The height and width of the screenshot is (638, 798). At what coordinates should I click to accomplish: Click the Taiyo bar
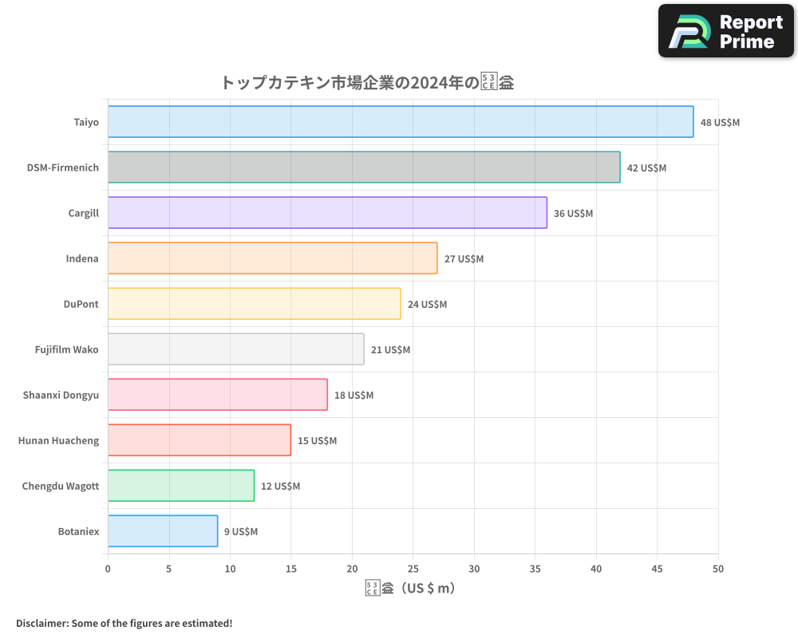pyautogui.click(x=401, y=122)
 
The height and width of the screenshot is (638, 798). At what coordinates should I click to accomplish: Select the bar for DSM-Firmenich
pyautogui.click(x=364, y=167)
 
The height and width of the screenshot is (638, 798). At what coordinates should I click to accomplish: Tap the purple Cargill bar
pyautogui.click(x=327, y=213)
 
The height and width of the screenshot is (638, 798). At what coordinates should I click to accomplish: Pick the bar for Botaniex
pyautogui.click(x=163, y=531)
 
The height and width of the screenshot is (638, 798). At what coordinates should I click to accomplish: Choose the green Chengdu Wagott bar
pyautogui.click(x=181, y=486)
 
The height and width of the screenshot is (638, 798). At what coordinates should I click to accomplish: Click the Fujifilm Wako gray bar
pyautogui.click(x=236, y=349)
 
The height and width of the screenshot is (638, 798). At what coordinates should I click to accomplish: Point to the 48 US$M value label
pyautogui.click(x=720, y=123)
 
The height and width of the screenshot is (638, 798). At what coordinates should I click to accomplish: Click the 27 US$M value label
pyautogui.click(x=464, y=259)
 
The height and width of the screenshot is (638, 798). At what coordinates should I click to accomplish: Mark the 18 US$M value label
pyautogui.click(x=354, y=396)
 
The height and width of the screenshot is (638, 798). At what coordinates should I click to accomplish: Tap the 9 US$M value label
pyautogui.click(x=241, y=532)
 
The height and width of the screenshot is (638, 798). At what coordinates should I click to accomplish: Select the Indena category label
pyautogui.click(x=82, y=258)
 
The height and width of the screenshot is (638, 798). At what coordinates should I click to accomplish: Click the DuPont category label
pyautogui.click(x=81, y=304)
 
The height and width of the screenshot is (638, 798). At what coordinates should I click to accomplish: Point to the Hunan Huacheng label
pyautogui.click(x=59, y=440)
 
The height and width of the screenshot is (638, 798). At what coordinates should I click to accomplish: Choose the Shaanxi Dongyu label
pyautogui.click(x=61, y=395)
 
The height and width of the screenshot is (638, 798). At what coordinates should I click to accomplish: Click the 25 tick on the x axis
pyautogui.click(x=413, y=569)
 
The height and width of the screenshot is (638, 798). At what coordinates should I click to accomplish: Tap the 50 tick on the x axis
pyautogui.click(x=718, y=569)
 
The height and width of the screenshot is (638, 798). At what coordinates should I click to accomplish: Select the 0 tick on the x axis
pyautogui.click(x=108, y=569)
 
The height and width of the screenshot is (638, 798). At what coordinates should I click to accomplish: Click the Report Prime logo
pyautogui.click(x=726, y=31)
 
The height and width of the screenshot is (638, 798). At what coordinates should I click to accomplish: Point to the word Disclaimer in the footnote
pyautogui.click(x=41, y=623)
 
